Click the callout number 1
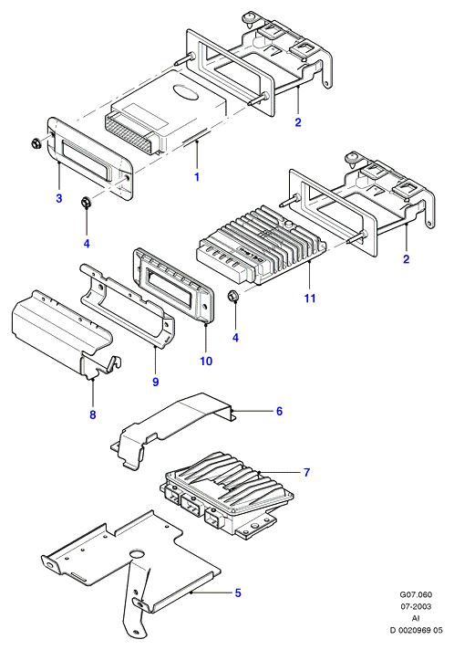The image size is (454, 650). (x=197, y=176)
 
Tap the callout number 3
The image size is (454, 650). (x=59, y=198)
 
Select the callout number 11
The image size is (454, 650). (x=310, y=298)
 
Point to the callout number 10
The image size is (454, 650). (x=206, y=361)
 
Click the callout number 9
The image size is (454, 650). (x=156, y=382)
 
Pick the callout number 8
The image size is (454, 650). (x=93, y=414)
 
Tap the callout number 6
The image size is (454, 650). (x=279, y=411)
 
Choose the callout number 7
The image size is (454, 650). (x=306, y=472)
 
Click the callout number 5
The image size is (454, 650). (x=238, y=592)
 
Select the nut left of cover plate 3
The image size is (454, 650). (x=36, y=144)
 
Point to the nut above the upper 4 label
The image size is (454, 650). (x=86, y=203)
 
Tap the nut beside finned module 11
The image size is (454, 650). (x=233, y=296)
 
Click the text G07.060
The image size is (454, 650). (x=416, y=594)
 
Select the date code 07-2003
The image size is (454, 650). (x=416, y=606)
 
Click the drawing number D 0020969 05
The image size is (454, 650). (x=416, y=630)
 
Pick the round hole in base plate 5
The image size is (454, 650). (x=138, y=555)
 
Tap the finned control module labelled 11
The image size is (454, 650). (x=262, y=246)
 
